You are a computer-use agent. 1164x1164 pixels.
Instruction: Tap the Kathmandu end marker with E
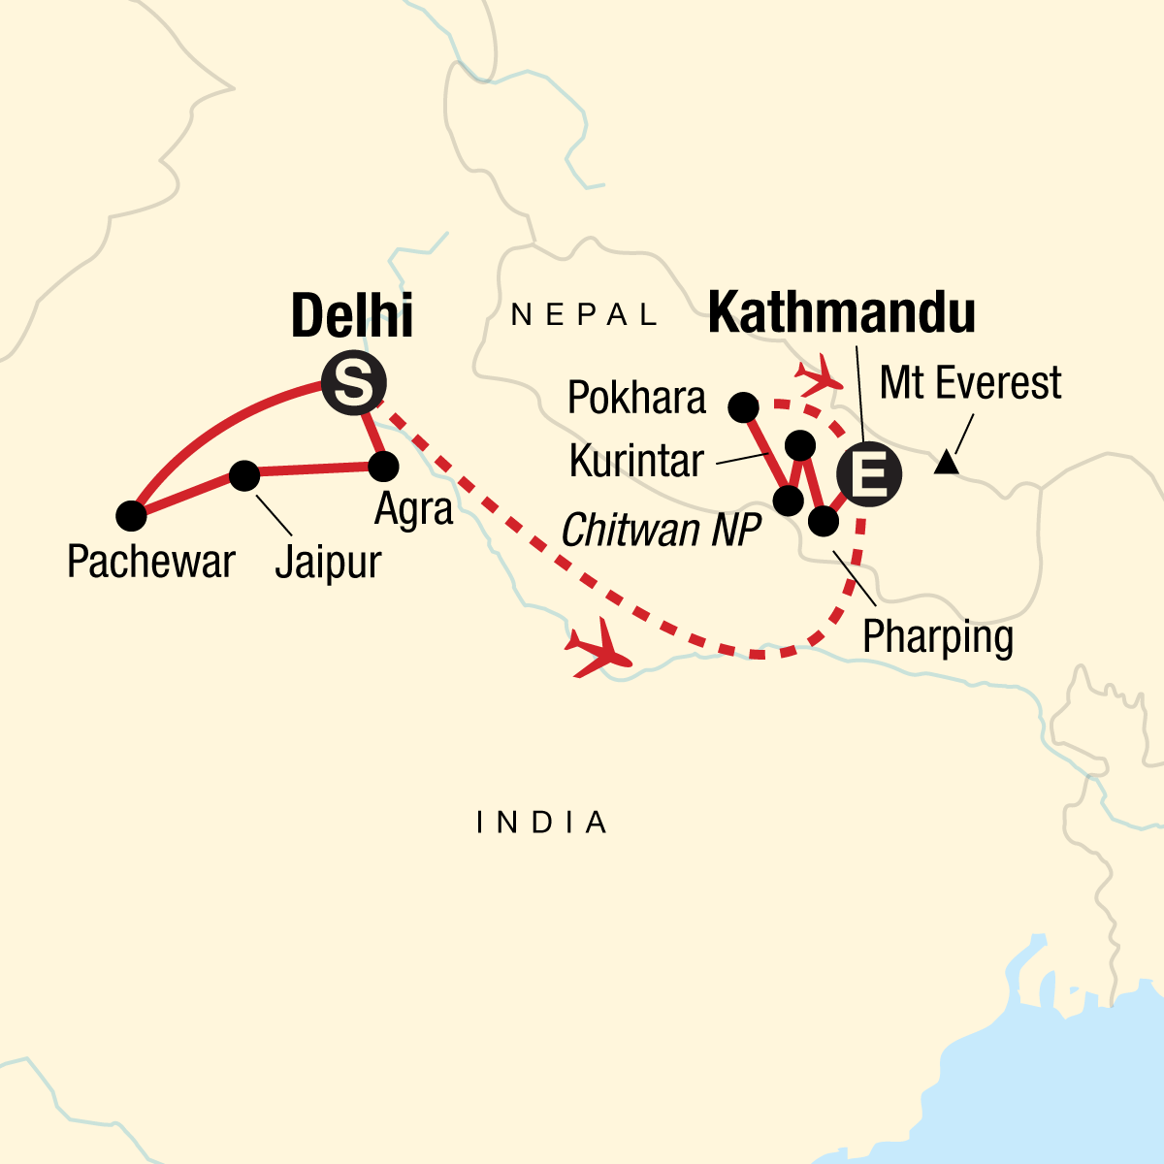coord(868,475)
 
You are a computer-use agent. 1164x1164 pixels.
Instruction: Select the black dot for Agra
coord(384,467)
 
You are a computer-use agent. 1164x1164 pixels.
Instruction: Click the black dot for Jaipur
coord(243,475)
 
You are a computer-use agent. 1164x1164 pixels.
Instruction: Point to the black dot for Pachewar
coord(131,516)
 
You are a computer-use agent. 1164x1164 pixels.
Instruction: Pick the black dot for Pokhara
coord(743,408)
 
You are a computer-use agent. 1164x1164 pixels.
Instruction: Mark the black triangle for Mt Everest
coord(946,464)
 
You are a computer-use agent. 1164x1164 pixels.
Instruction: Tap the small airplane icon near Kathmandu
coord(818,372)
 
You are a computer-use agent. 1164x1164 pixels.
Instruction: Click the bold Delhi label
coord(352,315)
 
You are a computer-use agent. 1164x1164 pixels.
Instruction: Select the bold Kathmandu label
coord(842,313)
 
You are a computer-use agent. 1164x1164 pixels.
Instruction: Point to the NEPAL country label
coord(585,314)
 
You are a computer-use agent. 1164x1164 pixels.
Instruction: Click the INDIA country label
coord(542,824)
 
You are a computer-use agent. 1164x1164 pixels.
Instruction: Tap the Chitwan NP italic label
coord(661,531)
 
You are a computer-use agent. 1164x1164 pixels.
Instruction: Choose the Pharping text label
coord(938,638)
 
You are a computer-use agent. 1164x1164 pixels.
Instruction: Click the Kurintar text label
coord(636,462)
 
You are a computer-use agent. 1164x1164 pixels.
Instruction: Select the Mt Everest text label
coord(970,383)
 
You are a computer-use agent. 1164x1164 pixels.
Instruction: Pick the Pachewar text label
coord(150,562)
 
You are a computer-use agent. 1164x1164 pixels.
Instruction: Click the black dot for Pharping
coord(823,522)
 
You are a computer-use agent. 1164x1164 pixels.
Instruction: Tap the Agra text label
coord(414,509)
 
